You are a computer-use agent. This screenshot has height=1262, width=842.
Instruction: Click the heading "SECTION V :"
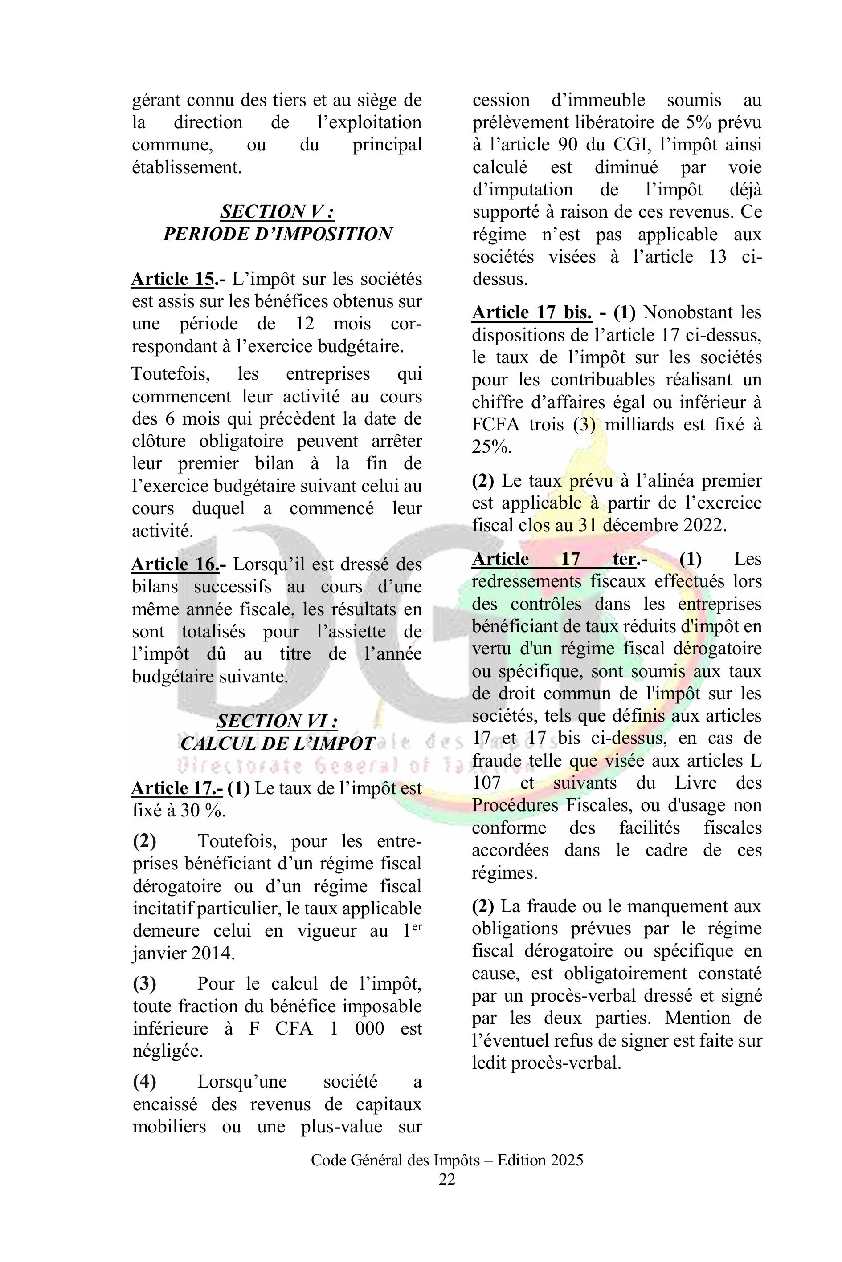click(x=277, y=212)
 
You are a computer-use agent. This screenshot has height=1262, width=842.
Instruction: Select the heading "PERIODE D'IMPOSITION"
click(x=277, y=235)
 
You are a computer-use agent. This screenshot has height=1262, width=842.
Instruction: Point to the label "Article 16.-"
click(x=179, y=564)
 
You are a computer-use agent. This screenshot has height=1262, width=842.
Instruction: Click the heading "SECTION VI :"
click(x=277, y=721)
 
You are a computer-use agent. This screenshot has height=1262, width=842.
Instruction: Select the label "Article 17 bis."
click(x=531, y=313)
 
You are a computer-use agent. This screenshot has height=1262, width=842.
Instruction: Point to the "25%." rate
click(x=491, y=447)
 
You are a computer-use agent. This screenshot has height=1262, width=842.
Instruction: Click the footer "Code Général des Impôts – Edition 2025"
click(x=447, y=1161)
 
